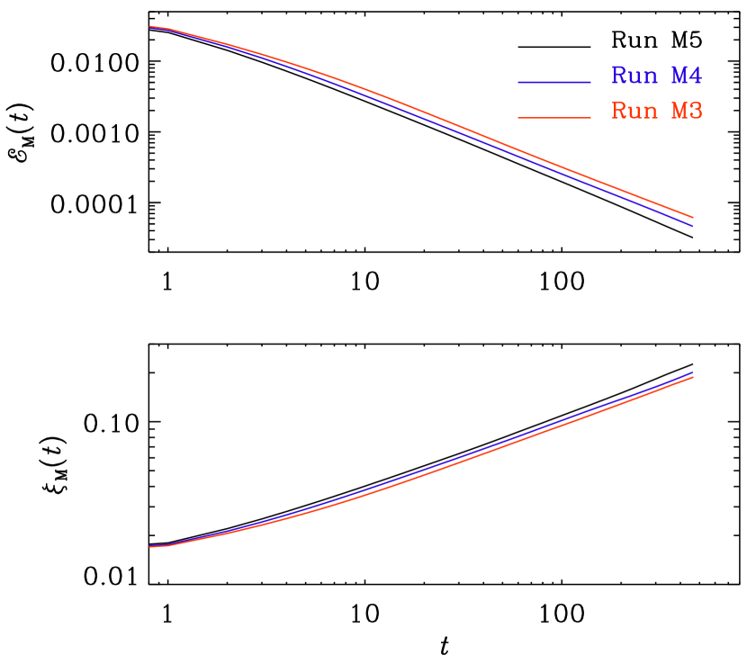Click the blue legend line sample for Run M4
coord(554,82)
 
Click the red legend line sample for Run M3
coord(554,118)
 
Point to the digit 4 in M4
coord(695,76)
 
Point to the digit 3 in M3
coord(695,112)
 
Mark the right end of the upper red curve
coord(692,217)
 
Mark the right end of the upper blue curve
coord(692,226)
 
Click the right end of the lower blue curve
coord(692,372)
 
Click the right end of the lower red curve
coord(692,378)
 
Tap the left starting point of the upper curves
coord(150,27)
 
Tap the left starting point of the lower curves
coord(150,546)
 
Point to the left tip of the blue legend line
coord(519,82)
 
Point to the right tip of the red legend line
coord(590,118)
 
